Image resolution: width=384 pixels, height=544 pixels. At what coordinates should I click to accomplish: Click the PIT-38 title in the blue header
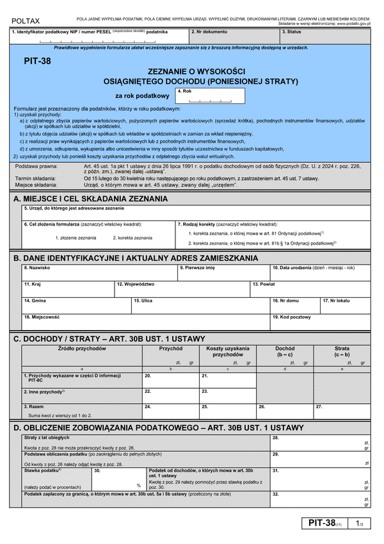[x=37, y=62]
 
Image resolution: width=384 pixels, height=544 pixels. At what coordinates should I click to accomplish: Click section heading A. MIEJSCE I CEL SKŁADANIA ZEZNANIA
[x=90, y=199]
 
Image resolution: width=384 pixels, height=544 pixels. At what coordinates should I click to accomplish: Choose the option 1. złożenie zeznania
[x=76, y=238]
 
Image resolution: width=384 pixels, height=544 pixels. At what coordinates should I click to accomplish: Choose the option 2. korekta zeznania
[x=132, y=238]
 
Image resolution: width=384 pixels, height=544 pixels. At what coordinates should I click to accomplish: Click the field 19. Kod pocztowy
[x=320, y=321]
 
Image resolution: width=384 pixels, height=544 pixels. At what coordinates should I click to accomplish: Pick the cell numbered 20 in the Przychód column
[x=170, y=379]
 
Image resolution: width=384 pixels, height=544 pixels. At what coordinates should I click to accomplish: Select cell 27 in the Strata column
[x=342, y=410]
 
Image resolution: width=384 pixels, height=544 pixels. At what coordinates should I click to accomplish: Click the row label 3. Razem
[x=33, y=406]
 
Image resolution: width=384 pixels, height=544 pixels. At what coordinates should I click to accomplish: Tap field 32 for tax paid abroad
[x=320, y=499]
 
